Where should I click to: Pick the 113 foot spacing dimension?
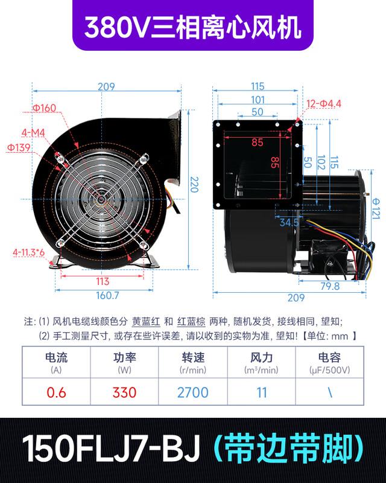[x=103, y=281]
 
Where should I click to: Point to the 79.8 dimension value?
[x=329, y=286]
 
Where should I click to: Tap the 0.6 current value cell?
[x=56, y=392]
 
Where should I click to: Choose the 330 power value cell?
[x=124, y=392]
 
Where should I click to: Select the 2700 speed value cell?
[x=193, y=392]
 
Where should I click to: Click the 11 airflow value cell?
[x=261, y=392]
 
